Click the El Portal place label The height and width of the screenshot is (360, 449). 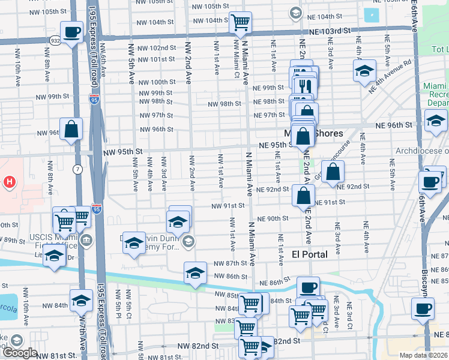pyautogui.click(x=310, y=254)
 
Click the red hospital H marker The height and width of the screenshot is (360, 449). pyautogui.click(x=10, y=181)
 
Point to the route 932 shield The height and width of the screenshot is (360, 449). pyautogui.click(x=55, y=40)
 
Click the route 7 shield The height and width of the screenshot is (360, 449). pyautogui.click(x=77, y=170)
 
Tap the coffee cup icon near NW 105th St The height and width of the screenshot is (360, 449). pyautogui.click(x=71, y=31)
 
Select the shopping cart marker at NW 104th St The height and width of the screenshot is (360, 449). pyautogui.click(x=240, y=23)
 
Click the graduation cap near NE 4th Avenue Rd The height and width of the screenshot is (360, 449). pyautogui.click(x=364, y=71)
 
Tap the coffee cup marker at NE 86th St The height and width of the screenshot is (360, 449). pyautogui.click(x=309, y=289)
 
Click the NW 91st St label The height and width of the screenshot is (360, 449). pyautogui.click(x=229, y=205)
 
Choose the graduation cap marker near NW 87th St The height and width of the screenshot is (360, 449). pyautogui.click(x=194, y=273)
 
